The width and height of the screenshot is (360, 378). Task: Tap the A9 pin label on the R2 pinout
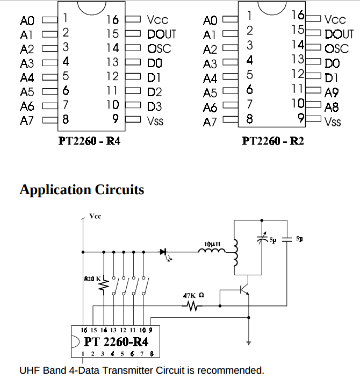[x=332, y=92]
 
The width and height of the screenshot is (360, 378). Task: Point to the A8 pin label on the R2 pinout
[x=332, y=107]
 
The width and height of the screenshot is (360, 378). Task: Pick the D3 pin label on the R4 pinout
[x=154, y=106]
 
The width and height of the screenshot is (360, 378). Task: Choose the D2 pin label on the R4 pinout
[x=154, y=92]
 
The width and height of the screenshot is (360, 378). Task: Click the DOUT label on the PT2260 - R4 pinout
[x=161, y=34]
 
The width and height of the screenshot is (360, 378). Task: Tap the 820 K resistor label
[x=92, y=279]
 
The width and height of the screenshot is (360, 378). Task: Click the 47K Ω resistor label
[x=193, y=295]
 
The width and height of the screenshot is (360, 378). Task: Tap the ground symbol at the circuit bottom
[x=248, y=343]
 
